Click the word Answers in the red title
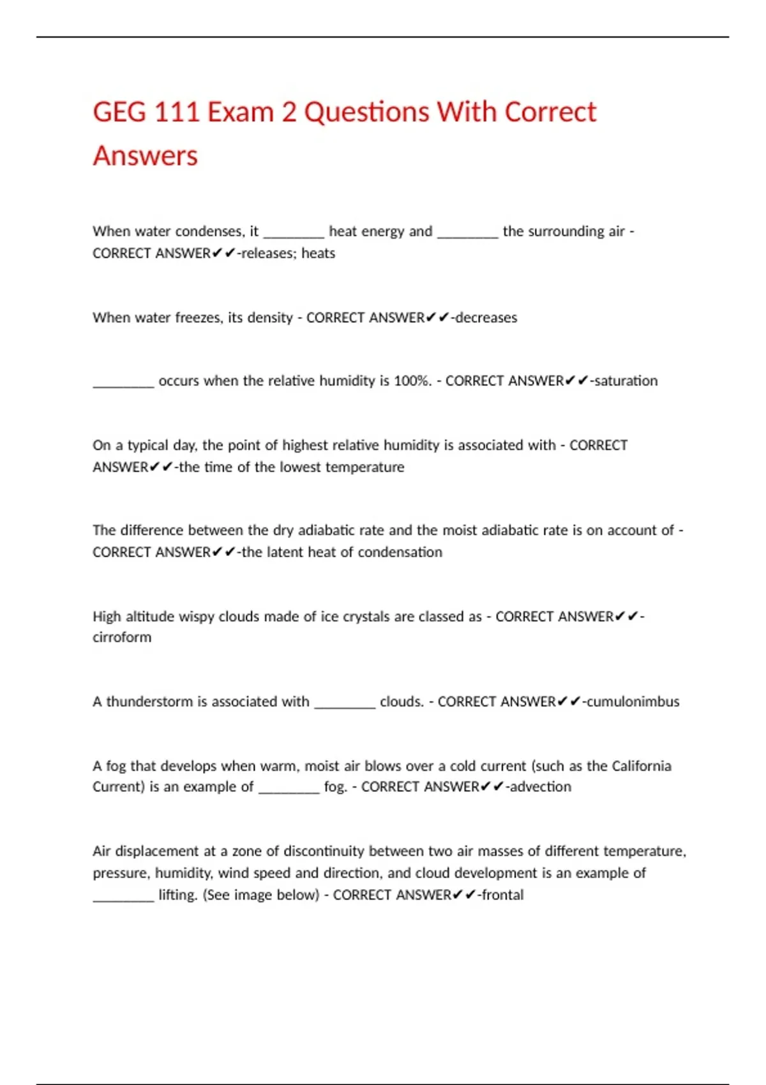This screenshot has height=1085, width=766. point(146,156)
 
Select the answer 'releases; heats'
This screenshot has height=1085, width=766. point(288,253)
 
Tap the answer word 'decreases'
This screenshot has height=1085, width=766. point(486,318)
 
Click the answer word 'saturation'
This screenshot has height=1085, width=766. point(626,381)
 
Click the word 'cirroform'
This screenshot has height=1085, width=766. point(122,638)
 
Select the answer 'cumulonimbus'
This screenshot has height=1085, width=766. point(633,702)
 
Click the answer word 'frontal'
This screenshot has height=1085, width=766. point(502,895)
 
